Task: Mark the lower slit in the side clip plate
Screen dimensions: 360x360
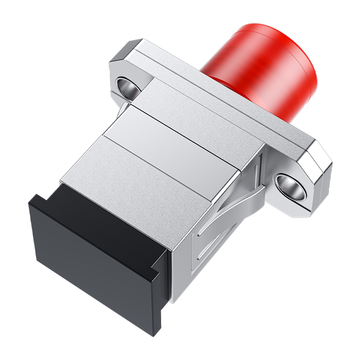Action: point(211,256)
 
